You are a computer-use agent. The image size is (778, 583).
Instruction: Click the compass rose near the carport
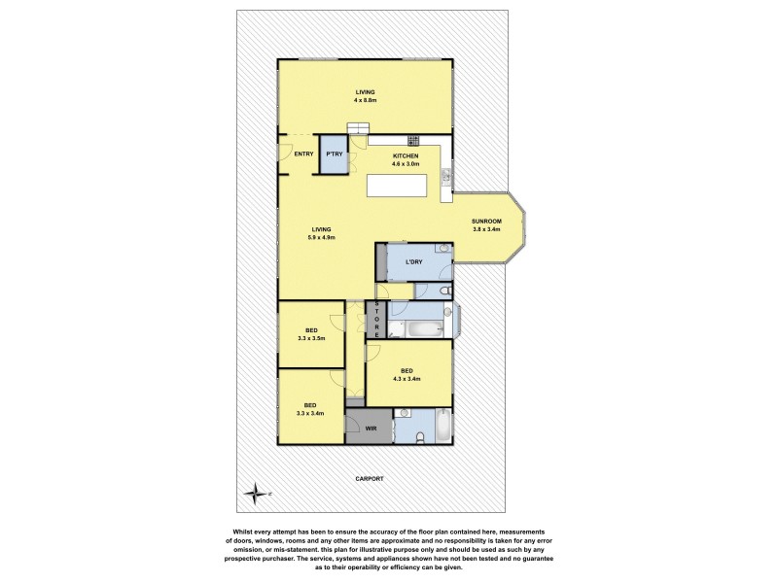[x=257, y=494]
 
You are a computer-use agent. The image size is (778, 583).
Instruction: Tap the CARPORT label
[x=370, y=479]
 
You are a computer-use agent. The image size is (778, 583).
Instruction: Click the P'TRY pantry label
[x=334, y=154]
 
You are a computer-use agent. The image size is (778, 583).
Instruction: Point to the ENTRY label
[x=303, y=154]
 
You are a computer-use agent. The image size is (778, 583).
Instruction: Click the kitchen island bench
[x=403, y=186]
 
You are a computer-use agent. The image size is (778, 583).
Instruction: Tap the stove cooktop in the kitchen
[x=412, y=140]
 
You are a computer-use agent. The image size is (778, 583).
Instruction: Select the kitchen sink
[x=445, y=176]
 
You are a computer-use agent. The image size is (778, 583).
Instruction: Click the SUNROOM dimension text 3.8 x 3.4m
[x=485, y=229]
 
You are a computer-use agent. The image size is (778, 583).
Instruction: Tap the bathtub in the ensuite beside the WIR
[x=443, y=426]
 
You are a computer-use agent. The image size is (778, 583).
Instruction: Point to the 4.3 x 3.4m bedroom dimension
[x=407, y=379]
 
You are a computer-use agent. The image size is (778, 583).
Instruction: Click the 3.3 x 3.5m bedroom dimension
[x=310, y=338]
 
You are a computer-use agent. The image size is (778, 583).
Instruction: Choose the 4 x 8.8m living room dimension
[x=365, y=100]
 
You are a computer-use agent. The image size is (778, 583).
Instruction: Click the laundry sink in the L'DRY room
[x=442, y=249]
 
